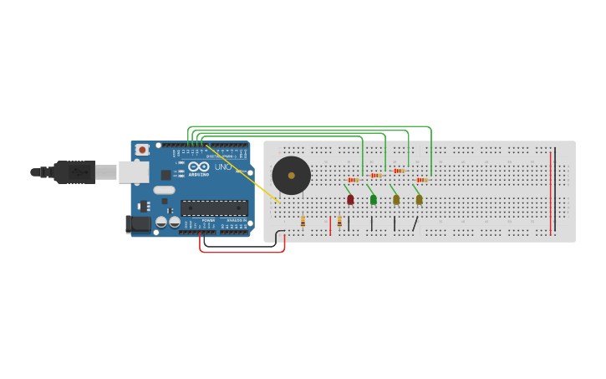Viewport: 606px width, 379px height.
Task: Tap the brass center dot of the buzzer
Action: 291,176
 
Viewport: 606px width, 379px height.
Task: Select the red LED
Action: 350,199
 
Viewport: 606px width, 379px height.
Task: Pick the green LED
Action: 374,199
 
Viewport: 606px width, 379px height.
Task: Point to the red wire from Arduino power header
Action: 242,252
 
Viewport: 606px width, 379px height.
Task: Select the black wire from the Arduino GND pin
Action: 242,246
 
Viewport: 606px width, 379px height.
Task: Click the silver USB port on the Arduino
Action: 133,172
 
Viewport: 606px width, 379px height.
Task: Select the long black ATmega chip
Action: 214,207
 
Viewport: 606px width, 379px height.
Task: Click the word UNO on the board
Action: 223,166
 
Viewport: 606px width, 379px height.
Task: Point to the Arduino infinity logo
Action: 198,167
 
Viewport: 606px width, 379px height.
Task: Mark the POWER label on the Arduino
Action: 208,220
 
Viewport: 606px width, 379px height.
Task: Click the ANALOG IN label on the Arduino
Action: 236,220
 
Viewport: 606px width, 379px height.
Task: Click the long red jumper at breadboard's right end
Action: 550,192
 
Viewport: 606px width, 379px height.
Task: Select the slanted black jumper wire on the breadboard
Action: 415,223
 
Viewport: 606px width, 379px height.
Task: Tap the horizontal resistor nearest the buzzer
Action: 354,180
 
